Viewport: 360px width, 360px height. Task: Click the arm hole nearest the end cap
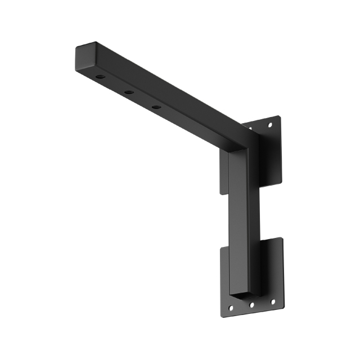(100, 76)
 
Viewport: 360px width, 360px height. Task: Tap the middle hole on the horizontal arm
(129, 92)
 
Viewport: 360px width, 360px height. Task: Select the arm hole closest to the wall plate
(156, 106)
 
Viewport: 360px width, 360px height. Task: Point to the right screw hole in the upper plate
(271, 124)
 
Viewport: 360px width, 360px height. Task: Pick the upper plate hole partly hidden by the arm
(250, 129)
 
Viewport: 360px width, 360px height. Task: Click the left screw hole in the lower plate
(230, 308)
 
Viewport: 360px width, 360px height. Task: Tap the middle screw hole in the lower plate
(251, 305)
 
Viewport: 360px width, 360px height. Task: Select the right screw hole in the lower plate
(273, 301)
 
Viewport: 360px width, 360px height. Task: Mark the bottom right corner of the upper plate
(280, 182)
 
